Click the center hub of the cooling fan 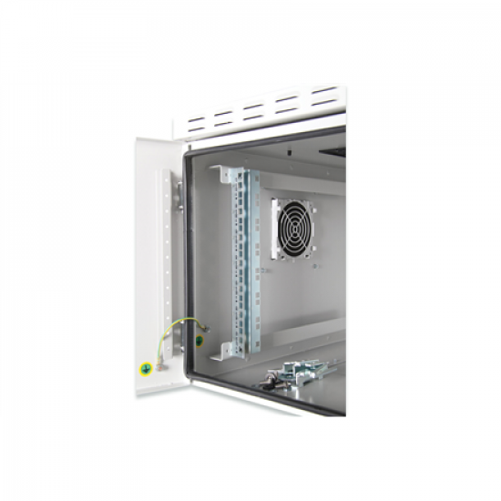(x=293, y=227)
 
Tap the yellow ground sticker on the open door (x=143, y=369)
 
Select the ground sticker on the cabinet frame (x=199, y=342)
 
